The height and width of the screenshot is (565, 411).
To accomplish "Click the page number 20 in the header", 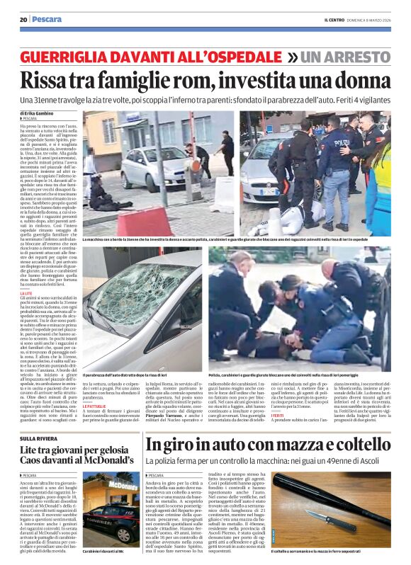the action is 23,19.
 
